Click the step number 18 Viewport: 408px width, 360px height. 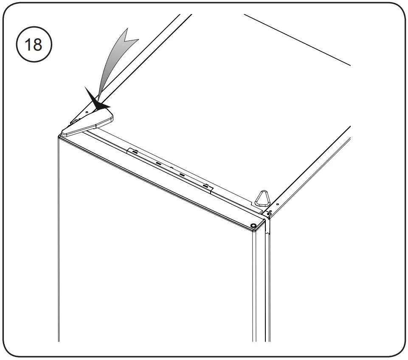coord(34,45)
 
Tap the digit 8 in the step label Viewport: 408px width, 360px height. coord(39,45)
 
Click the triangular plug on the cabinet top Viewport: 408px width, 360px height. coord(262,198)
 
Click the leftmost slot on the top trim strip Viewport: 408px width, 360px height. coord(134,151)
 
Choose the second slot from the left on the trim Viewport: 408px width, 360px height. coord(158,163)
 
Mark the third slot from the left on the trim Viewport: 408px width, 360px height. coord(182,175)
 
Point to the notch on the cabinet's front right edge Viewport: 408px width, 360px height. coord(267,232)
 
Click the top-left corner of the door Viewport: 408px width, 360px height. coord(59,136)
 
